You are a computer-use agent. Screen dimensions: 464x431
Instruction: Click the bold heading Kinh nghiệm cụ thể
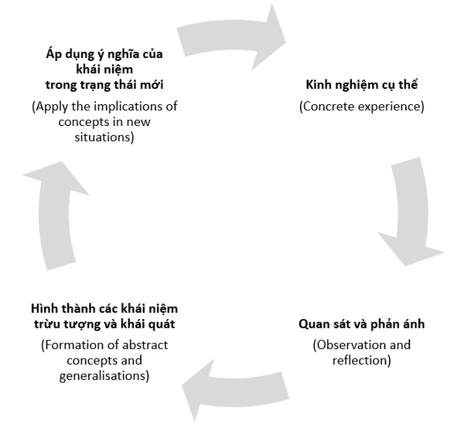coord(362,85)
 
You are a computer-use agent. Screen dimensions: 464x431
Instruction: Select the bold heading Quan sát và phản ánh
coord(362,324)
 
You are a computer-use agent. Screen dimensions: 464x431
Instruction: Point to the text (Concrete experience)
coord(362,107)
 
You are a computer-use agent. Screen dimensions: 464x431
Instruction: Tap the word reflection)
coord(362,361)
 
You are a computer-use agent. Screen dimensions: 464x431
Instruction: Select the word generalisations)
coord(104,376)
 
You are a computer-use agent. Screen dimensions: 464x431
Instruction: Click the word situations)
coord(104,137)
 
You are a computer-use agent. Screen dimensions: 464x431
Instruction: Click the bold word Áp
coord(54,54)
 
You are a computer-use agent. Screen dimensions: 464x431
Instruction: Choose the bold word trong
coord(61,86)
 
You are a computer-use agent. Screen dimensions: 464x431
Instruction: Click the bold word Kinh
coord(318,84)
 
